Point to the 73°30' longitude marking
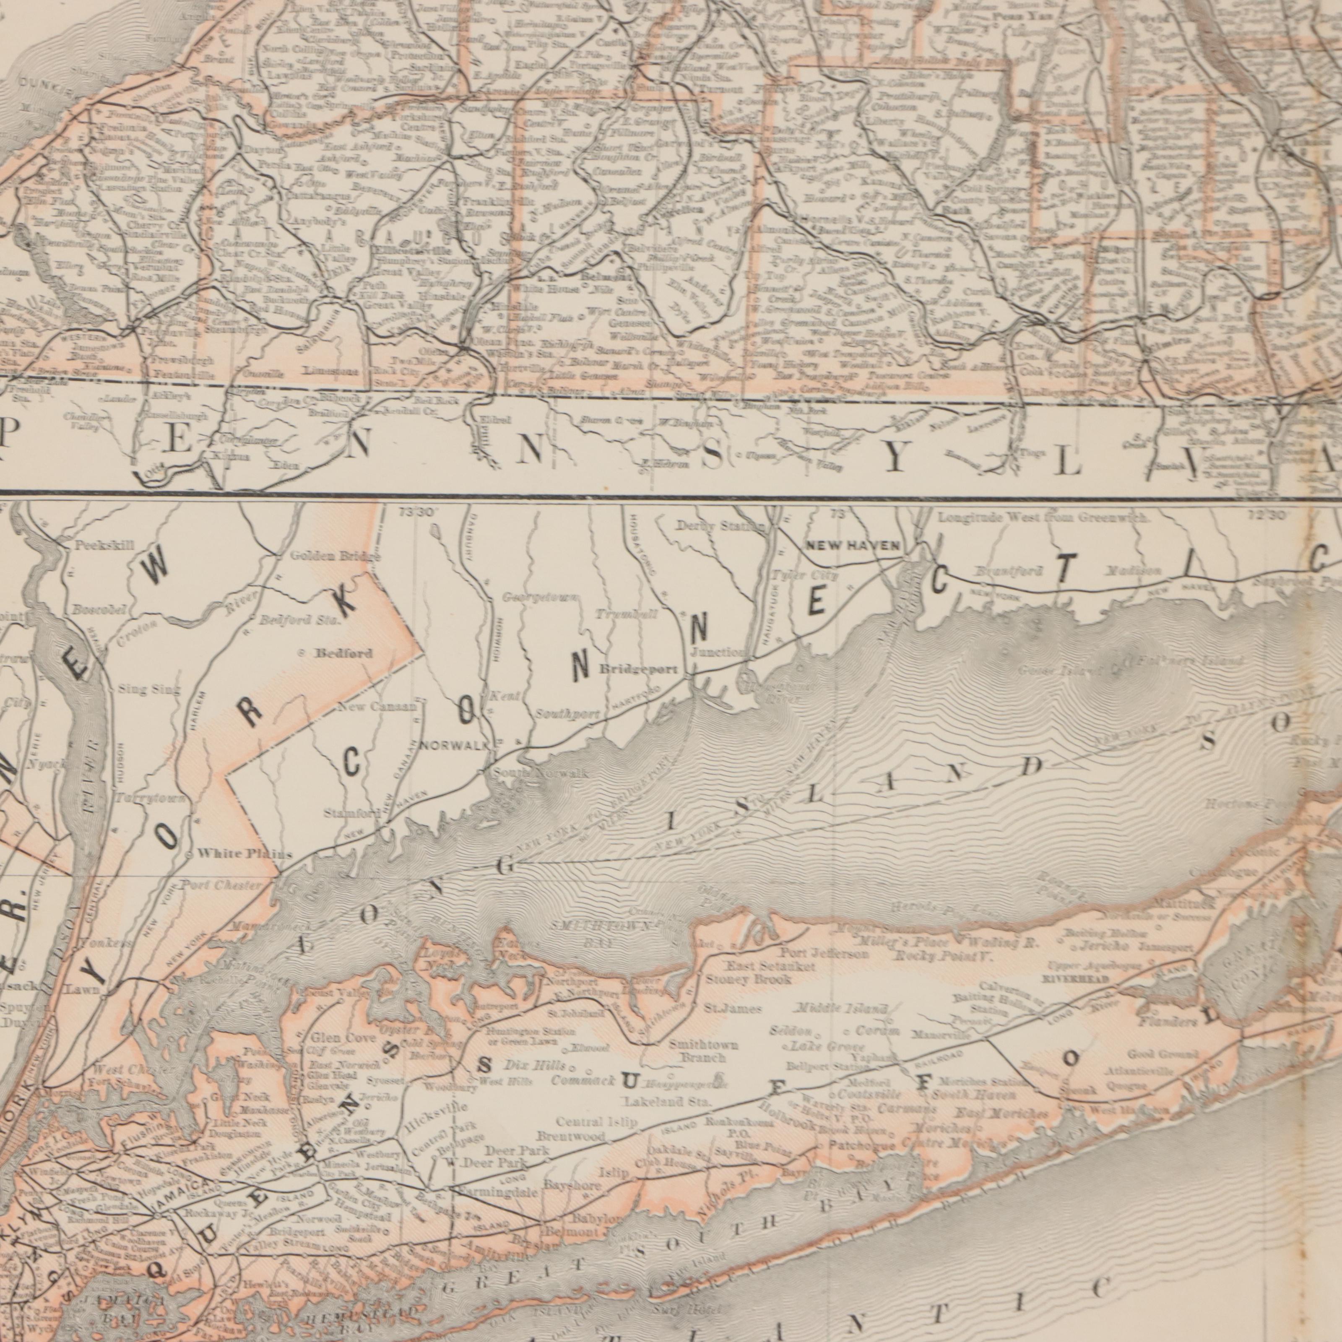point(417,511)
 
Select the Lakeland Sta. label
point(667,1102)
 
